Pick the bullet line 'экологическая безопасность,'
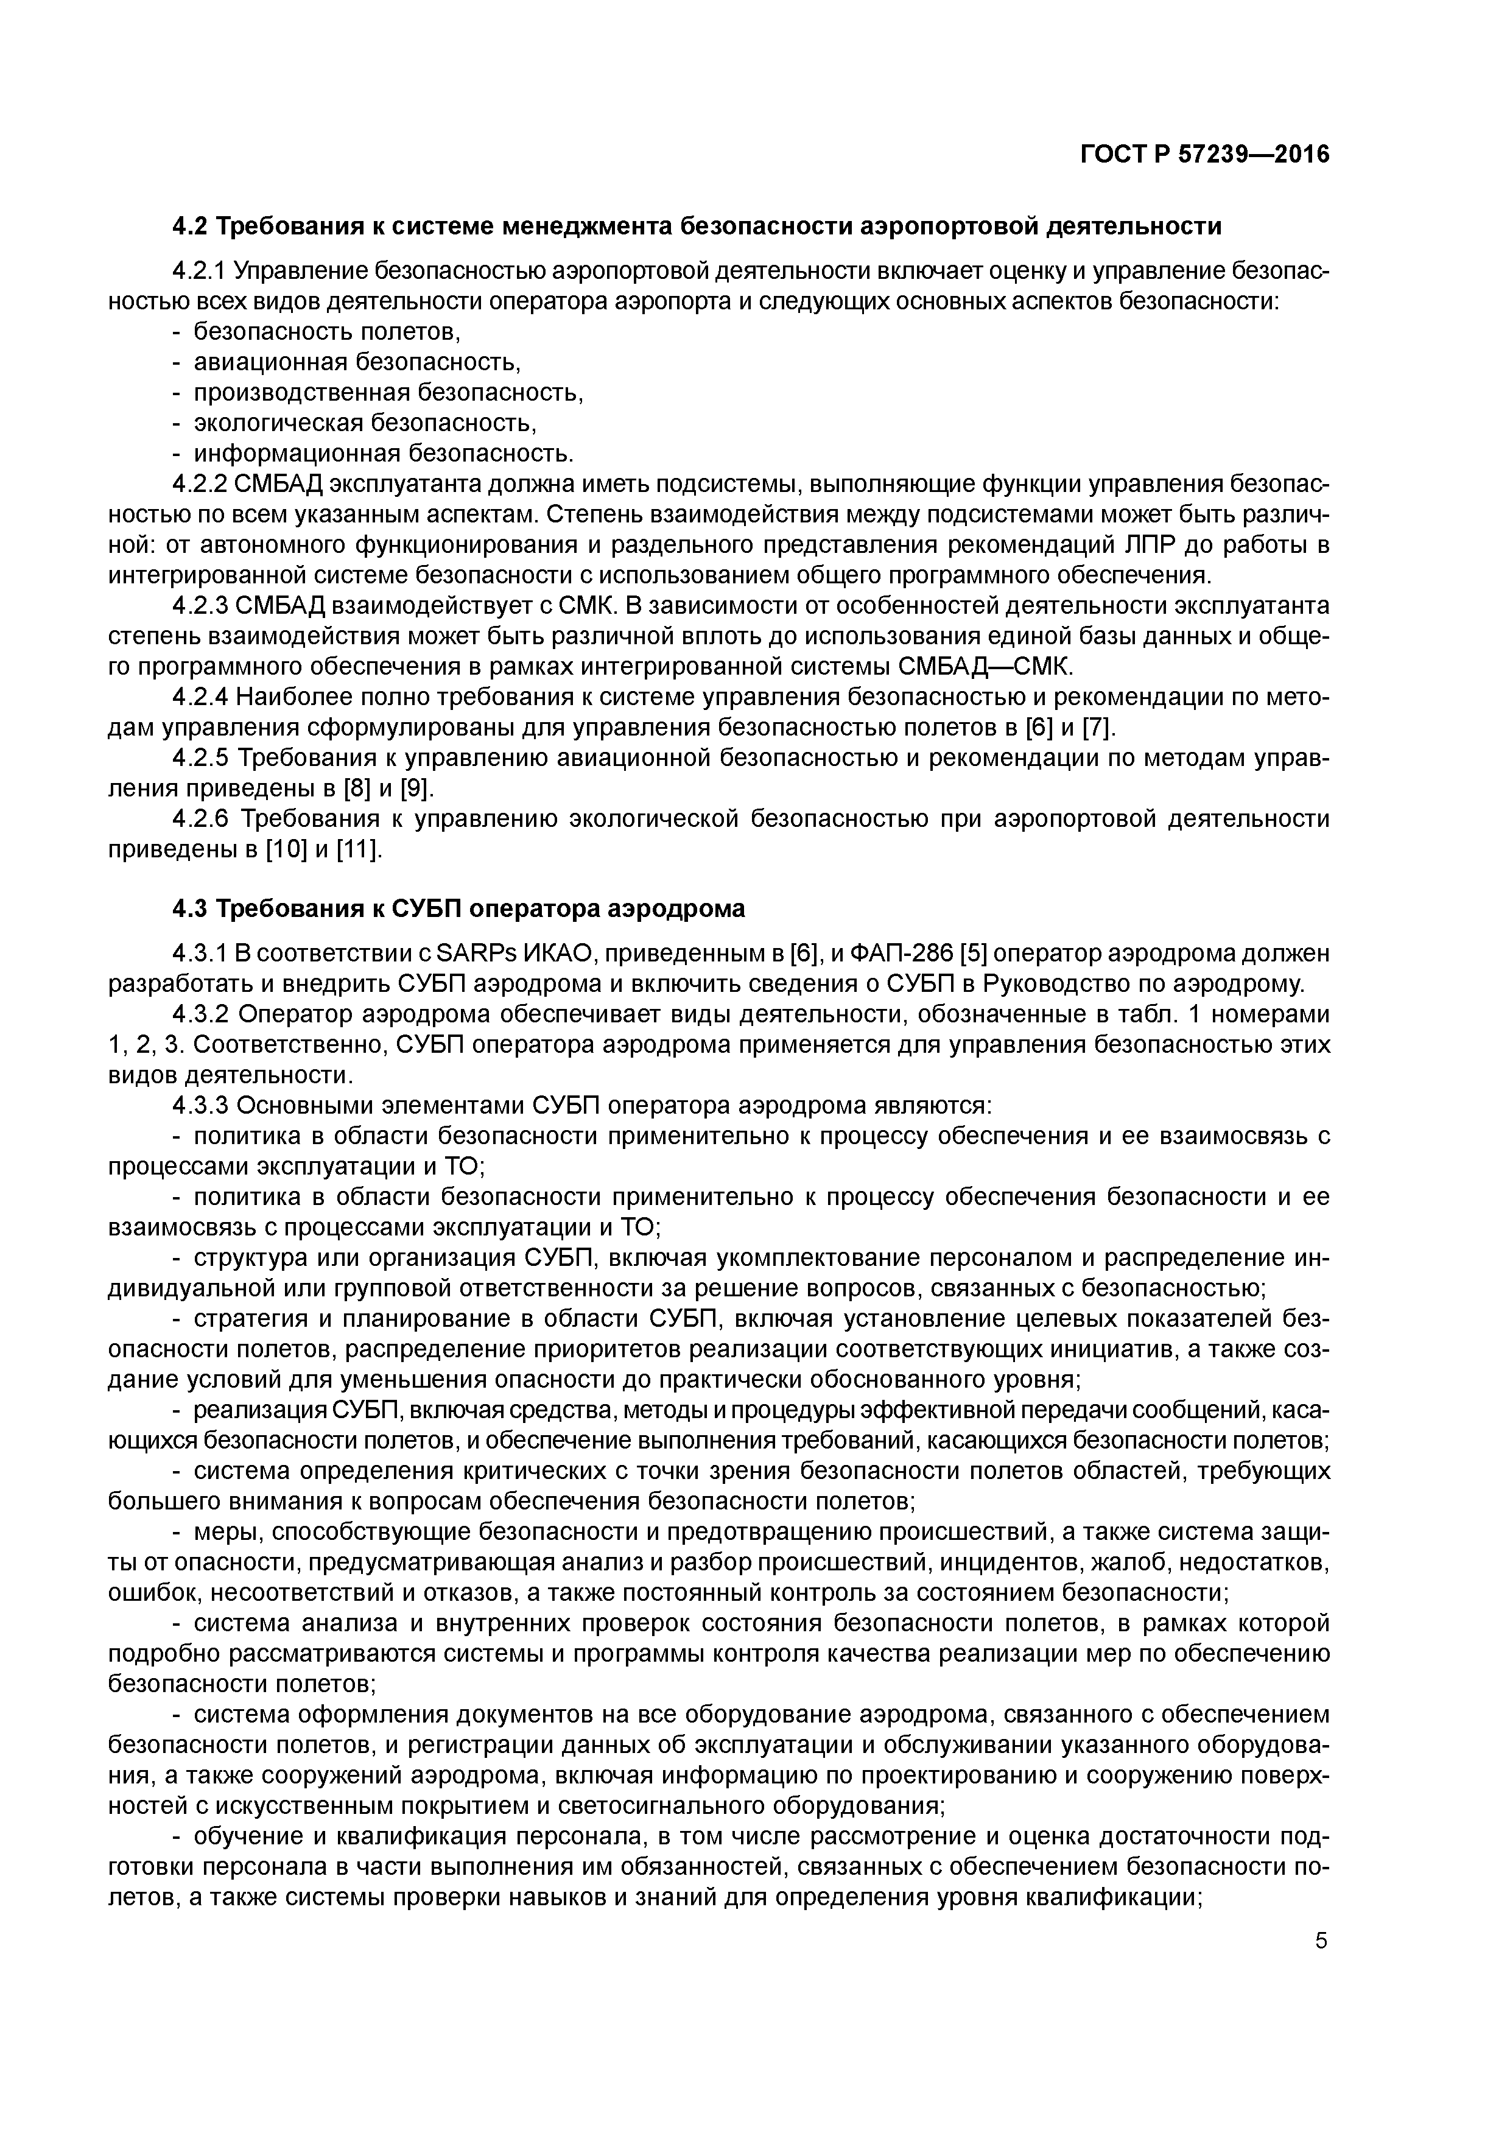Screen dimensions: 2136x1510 pos(365,423)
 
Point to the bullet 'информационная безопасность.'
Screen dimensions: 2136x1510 pos(384,454)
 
